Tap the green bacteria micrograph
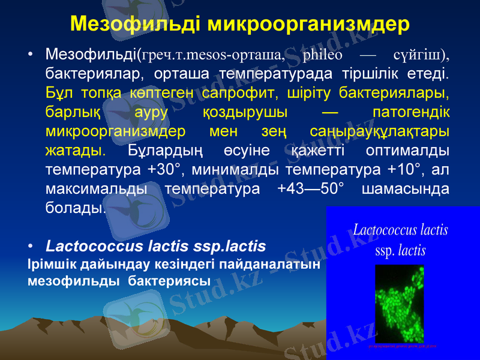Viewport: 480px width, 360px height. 400,303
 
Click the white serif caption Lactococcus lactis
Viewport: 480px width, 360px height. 401,230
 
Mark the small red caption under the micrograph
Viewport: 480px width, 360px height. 400,346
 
